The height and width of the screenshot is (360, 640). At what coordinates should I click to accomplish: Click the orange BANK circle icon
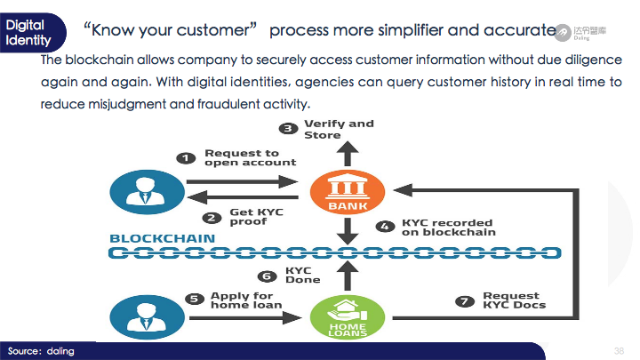(x=348, y=192)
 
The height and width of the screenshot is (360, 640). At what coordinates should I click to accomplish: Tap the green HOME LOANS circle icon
(x=348, y=317)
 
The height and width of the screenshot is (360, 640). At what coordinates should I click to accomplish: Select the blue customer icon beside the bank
(x=147, y=192)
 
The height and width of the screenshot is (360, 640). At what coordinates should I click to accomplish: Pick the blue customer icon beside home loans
(x=147, y=317)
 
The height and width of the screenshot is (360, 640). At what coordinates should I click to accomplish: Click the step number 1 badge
(x=186, y=158)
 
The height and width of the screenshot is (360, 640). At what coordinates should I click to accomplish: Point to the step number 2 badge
(x=212, y=218)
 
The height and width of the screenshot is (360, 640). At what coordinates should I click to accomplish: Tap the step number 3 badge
(x=288, y=129)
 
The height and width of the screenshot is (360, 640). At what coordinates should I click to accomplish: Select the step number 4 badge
(x=385, y=227)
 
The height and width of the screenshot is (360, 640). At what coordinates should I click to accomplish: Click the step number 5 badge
(x=195, y=300)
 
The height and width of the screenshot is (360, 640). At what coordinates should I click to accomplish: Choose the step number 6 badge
(x=267, y=276)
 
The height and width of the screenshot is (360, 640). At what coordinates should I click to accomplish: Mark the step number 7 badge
(x=465, y=301)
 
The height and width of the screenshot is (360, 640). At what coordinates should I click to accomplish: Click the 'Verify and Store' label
(x=339, y=129)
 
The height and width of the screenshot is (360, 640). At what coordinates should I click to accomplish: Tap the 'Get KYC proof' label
(x=256, y=217)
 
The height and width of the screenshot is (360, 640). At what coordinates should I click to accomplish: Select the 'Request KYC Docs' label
(x=515, y=300)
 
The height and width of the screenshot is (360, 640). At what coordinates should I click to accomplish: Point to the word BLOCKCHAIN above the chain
(x=163, y=238)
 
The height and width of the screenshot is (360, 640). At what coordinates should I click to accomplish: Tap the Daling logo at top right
(x=580, y=32)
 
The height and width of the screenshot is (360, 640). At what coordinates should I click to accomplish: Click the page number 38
(x=620, y=351)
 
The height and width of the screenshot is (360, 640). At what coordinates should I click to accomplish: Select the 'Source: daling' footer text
(x=41, y=351)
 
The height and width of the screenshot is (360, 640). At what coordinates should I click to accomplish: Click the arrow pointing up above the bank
(x=348, y=154)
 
